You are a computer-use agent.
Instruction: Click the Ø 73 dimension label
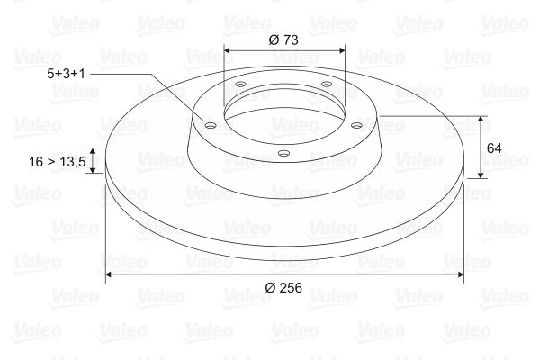(x=283, y=40)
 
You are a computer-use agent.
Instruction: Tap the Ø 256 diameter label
(x=283, y=288)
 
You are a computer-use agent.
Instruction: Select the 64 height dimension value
(x=494, y=148)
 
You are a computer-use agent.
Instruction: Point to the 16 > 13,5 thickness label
(x=58, y=162)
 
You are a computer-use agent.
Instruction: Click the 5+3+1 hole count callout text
(x=66, y=74)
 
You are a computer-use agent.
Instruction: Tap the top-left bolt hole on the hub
(x=241, y=84)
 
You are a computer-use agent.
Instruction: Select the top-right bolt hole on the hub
(x=326, y=84)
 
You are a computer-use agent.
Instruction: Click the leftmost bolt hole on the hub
(x=210, y=125)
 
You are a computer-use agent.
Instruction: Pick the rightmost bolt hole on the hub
(x=356, y=125)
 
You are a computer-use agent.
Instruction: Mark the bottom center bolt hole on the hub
(x=283, y=153)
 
